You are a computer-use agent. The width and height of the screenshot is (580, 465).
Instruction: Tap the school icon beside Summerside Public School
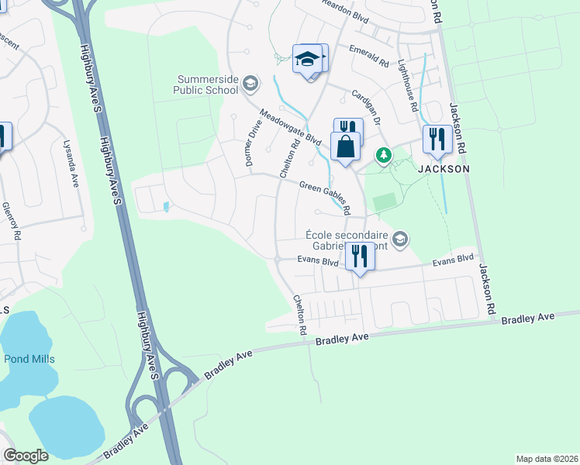(250, 82)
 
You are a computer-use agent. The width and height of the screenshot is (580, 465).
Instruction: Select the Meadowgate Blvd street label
(290, 126)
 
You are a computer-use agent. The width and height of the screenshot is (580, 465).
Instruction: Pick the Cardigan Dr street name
(367, 108)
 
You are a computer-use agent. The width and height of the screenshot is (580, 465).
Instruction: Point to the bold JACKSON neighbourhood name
(444, 168)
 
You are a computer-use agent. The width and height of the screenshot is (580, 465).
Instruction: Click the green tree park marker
(383, 156)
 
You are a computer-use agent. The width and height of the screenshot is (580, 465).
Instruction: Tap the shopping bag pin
(345, 146)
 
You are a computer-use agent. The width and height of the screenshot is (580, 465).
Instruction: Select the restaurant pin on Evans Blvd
(360, 255)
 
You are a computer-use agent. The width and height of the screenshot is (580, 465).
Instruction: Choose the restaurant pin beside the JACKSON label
(437, 139)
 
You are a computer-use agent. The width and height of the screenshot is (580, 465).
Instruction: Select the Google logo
(26, 456)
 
